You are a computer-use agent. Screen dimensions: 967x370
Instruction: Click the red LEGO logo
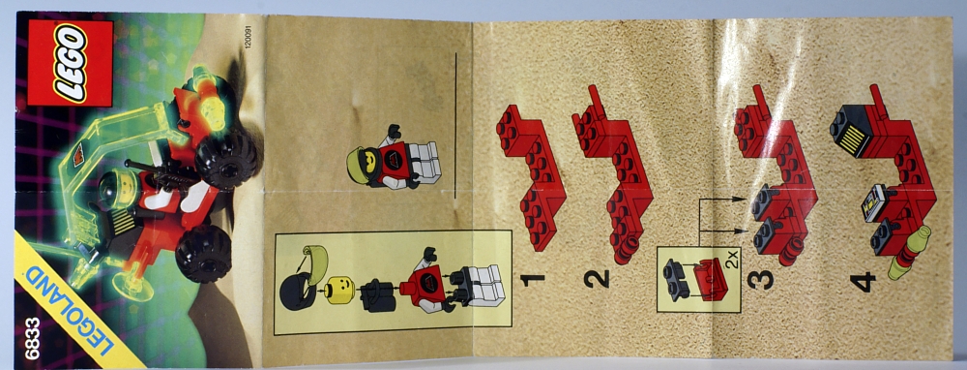click(x=70, y=62)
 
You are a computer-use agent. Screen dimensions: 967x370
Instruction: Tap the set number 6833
click(x=32, y=338)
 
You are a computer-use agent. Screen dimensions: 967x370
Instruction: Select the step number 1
click(x=532, y=279)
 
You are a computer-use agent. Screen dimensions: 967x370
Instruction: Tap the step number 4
click(x=863, y=282)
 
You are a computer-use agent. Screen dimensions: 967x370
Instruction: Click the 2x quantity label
click(x=732, y=267)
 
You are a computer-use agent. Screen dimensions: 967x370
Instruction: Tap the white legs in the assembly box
click(x=483, y=286)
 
